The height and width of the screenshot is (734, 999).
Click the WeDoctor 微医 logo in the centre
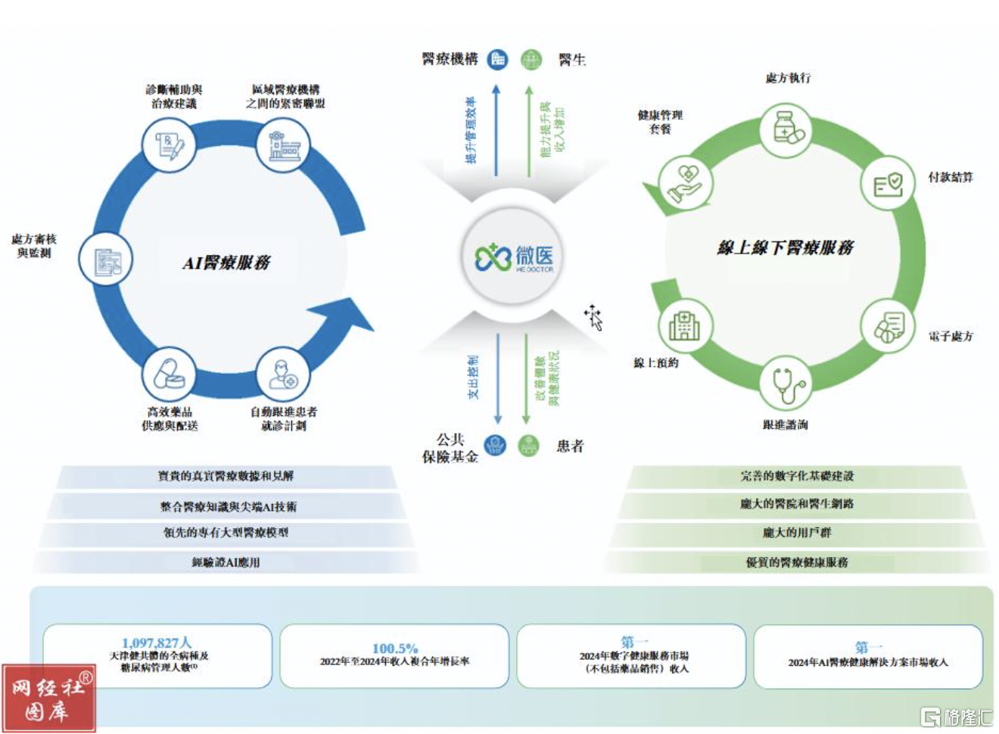[514, 257]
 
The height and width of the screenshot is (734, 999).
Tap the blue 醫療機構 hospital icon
[497, 59]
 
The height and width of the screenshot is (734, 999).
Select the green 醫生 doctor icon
[532, 59]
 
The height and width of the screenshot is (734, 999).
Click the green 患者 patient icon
[529, 446]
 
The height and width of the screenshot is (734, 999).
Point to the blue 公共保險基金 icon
[495, 446]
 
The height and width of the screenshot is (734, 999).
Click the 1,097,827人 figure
[157, 643]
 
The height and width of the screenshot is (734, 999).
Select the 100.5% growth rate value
[394, 648]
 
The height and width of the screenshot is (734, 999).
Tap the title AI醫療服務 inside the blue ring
[226, 263]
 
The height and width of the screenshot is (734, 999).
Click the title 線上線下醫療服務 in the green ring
[785, 247]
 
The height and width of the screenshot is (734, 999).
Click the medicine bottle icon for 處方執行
[788, 129]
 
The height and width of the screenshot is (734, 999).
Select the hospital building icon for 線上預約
[684, 325]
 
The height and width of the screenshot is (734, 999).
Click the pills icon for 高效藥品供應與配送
[169, 375]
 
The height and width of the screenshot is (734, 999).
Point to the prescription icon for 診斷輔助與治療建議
[169, 145]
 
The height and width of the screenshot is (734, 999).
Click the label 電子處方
[951, 336]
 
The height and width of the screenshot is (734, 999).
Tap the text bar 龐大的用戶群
[796, 533]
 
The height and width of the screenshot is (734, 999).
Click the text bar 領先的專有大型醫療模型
[226, 533]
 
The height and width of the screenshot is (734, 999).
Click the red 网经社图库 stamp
[49, 698]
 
